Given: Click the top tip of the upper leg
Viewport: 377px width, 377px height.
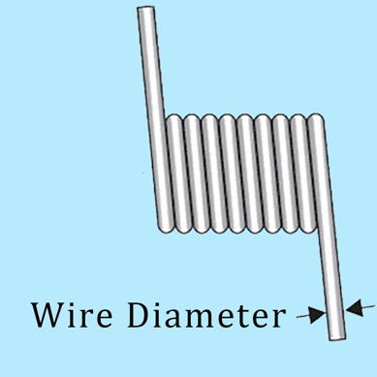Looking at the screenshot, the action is (145, 11).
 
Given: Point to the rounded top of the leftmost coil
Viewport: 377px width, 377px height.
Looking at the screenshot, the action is (173, 120).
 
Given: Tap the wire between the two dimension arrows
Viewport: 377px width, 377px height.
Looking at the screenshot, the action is (335, 311).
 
